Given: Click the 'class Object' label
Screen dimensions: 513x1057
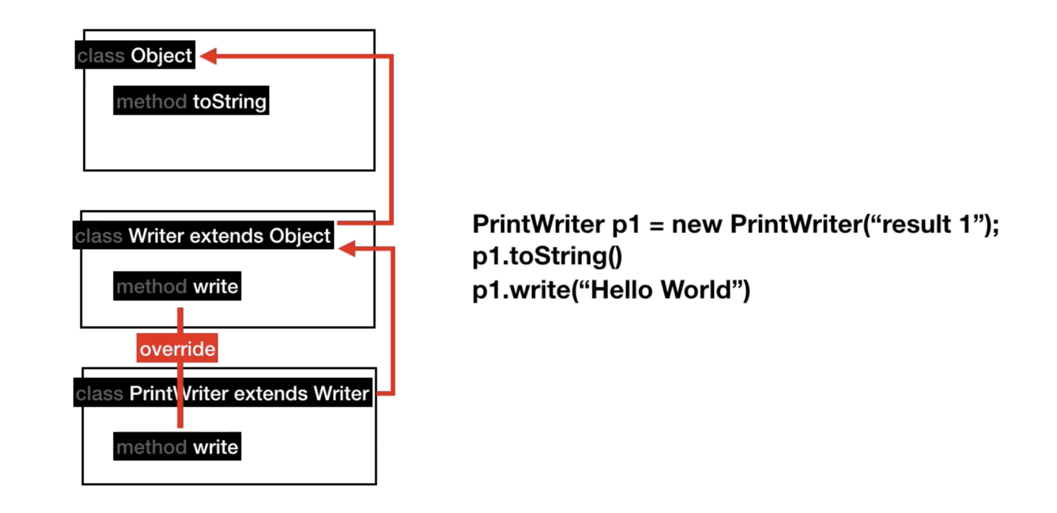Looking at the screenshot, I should tap(135, 55).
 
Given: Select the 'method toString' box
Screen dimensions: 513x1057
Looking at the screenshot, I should tap(191, 101).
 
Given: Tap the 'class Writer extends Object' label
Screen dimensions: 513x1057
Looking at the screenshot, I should tap(203, 235).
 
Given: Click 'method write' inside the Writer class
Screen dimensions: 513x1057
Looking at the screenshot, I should tap(177, 286).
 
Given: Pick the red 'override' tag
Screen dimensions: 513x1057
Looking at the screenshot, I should tap(177, 348).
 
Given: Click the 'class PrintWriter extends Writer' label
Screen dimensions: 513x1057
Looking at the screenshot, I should tap(222, 393).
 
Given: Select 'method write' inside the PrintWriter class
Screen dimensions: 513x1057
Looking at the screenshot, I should tap(177, 447).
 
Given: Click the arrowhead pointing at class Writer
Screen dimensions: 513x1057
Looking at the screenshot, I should tap(347, 248).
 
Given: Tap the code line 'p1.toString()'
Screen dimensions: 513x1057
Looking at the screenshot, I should tap(547, 256).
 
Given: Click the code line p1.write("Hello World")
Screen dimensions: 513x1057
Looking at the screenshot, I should tap(611, 290).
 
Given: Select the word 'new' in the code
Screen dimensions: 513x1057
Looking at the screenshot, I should tap(696, 225).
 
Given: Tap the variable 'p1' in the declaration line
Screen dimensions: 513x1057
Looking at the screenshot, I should tap(625, 225).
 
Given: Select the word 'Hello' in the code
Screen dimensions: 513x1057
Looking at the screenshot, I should tap(621, 290).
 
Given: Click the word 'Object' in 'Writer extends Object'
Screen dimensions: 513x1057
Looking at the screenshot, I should tap(299, 236).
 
